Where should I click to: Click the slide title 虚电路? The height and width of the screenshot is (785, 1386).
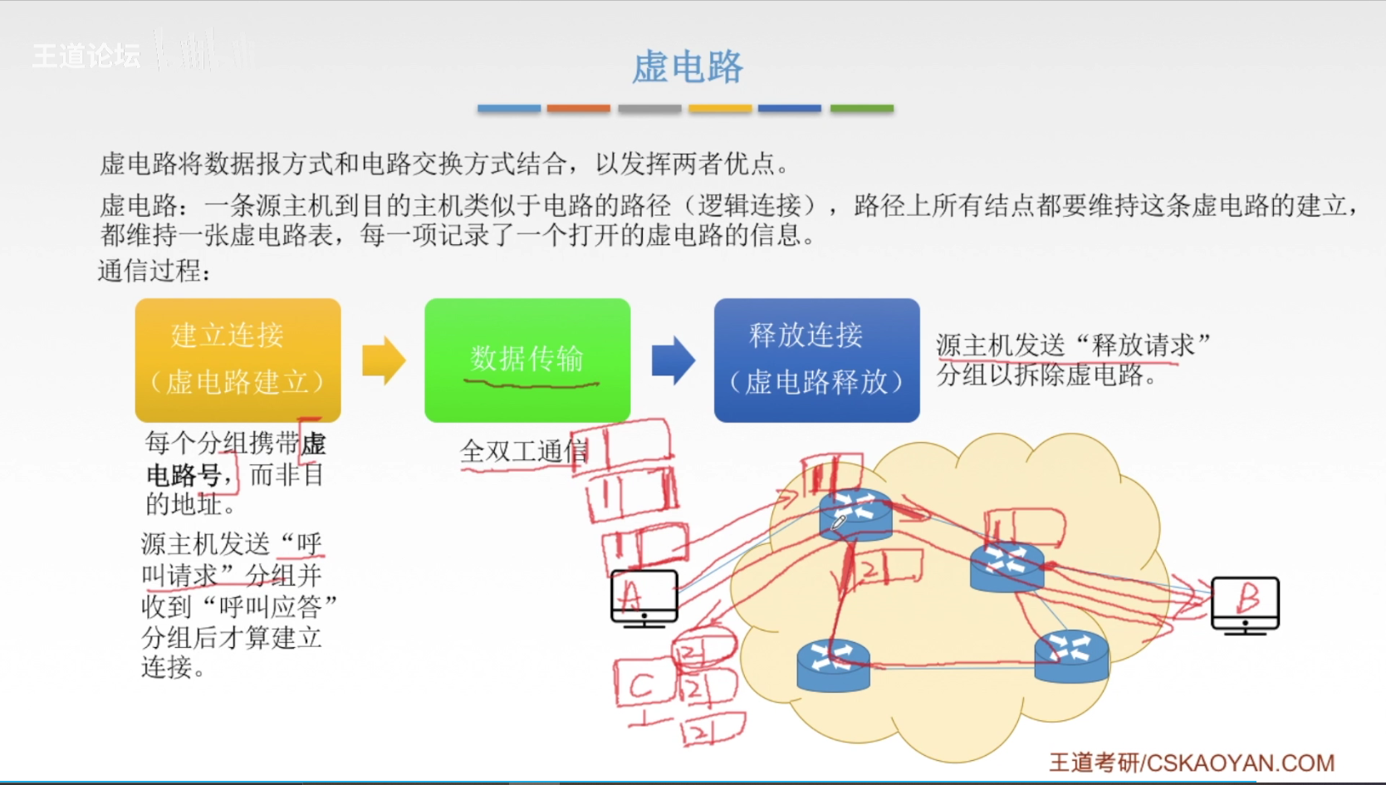[687, 66]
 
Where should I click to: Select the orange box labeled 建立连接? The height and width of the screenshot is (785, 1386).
[238, 360]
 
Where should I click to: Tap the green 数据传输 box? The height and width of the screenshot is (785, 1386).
[526, 360]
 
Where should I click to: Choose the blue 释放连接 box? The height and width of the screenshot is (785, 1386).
[816, 360]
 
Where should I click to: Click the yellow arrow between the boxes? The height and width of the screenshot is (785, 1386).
[384, 361]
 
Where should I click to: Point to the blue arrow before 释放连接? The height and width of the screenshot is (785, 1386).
[673, 361]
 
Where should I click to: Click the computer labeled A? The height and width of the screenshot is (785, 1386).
[644, 597]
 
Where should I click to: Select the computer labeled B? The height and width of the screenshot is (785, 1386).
[1245, 605]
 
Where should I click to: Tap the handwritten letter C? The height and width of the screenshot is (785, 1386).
[641, 685]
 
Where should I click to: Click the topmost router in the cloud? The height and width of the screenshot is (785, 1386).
[855, 514]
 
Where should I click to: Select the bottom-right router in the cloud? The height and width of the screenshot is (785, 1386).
[1071, 656]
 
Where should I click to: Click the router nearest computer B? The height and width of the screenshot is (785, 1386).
[1007, 567]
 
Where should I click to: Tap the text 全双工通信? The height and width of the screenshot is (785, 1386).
[524, 451]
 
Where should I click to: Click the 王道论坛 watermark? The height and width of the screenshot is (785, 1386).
[86, 56]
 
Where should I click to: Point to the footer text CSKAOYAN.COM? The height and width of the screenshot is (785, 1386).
[1241, 763]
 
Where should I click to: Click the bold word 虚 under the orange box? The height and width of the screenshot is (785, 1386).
[313, 444]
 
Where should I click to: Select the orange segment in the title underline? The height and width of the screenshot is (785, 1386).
[578, 109]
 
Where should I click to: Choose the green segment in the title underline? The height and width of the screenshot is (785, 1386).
[861, 109]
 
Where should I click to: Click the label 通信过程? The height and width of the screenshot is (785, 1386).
[154, 271]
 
